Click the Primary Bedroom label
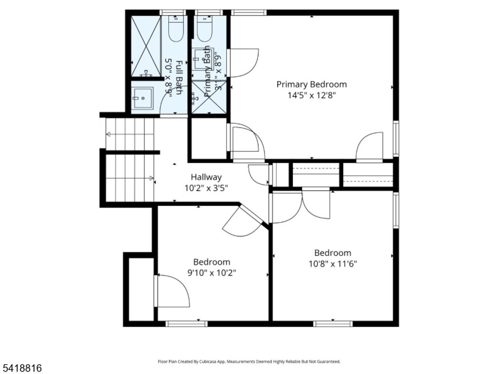pyautogui.click(x=311, y=84)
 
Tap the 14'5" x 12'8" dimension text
pyautogui.click(x=311, y=95)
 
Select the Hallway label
pyautogui.click(x=206, y=177)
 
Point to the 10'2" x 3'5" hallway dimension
pyautogui.click(x=206, y=187)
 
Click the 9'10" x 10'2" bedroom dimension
pyautogui.click(x=212, y=273)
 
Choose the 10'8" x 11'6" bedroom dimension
pyautogui.click(x=333, y=264)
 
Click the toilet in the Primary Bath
pyautogui.click(x=204, y=29)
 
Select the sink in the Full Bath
pyautogui.click(x=142, y=97)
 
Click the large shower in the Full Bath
pyautogui.click(x=146, y=46)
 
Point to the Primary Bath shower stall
pyautogui.click(x=209, y=97)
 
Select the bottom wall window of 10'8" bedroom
pyautogui.click(x=333, y=323)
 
